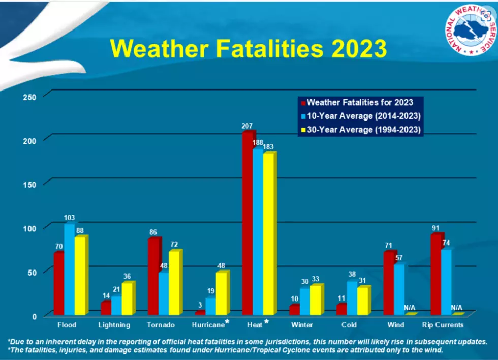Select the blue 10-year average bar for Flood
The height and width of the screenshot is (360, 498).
pos(69,269)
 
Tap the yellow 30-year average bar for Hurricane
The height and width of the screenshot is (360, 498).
pos(222,293)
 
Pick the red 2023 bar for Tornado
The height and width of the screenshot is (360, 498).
pos(154,276)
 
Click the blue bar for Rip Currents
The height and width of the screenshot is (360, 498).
pos(446,282)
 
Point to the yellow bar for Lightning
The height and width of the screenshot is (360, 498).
pos(128,298)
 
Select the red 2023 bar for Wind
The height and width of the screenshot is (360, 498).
pos(389,283)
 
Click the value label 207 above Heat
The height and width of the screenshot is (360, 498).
pos(247,126)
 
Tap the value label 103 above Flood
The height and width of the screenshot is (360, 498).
pos(69,218)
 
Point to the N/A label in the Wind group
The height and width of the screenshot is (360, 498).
pos(410,308)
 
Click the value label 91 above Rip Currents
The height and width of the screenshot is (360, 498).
pos(435,228)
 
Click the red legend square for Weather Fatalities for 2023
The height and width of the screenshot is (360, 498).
pos(303,103)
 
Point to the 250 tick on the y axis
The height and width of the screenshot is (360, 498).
pos(29,97)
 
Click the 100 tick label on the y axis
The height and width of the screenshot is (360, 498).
pos(29,228)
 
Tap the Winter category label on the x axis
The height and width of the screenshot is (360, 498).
pos(302,325)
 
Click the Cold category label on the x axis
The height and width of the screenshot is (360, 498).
pos(349,325)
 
